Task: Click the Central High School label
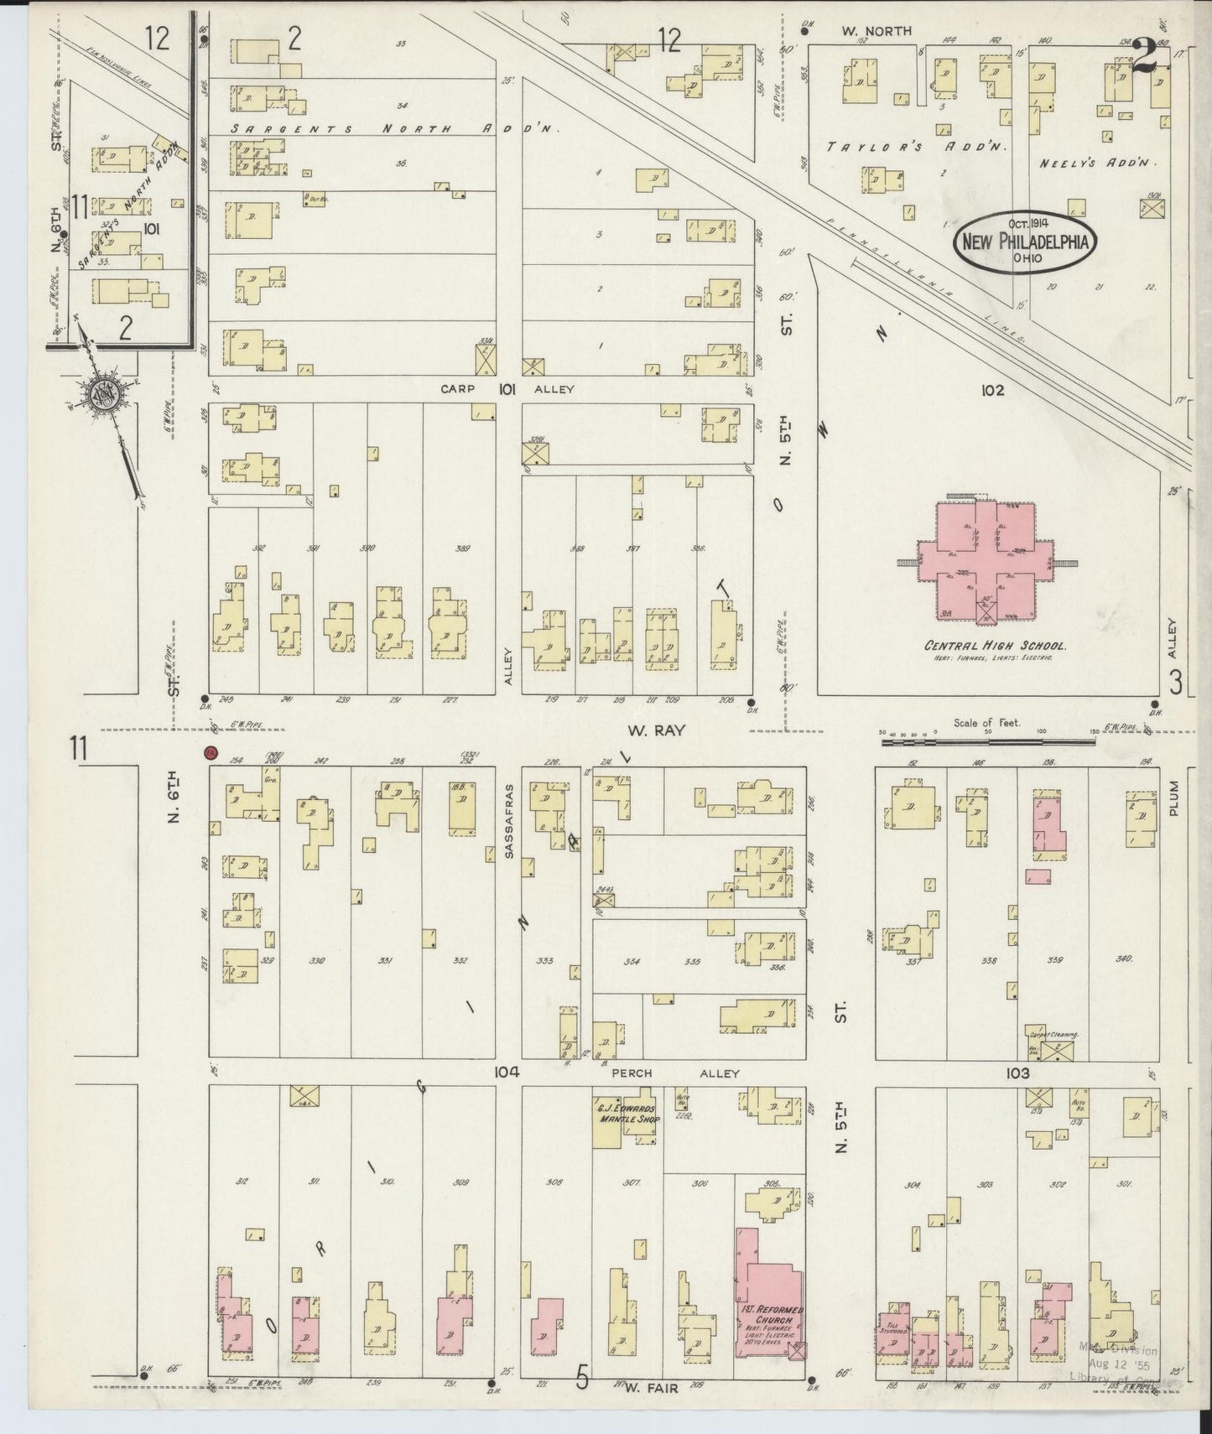[x=995, y=647]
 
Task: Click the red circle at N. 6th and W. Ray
[x=211, y=753]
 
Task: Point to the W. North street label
[x=877, y=31]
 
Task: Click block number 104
[x=507, y=1072]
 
